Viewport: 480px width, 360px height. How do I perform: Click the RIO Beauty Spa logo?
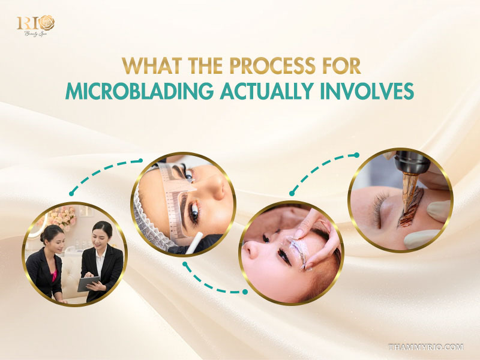click(36, 25)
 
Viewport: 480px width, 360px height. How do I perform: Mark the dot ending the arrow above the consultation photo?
click(71, 194)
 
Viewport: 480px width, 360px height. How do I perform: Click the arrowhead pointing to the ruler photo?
click(140, 160)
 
